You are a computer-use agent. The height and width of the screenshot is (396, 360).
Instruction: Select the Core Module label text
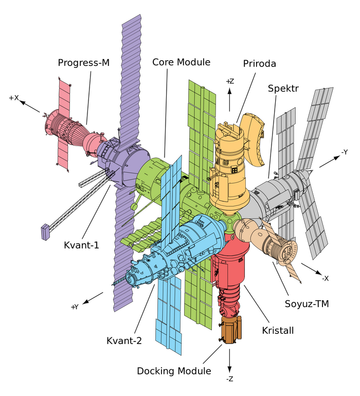[x=181, y=62]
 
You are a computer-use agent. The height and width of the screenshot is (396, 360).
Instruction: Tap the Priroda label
[x=260, y=64]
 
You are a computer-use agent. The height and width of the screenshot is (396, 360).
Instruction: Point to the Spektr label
[x=283, y=88]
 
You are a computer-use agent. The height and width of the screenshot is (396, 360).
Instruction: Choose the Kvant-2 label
[x=123, y=340]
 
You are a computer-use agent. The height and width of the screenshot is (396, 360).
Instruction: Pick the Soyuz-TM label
[x=307, y=304]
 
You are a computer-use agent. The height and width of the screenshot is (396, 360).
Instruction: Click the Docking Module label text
[x=174, y=371]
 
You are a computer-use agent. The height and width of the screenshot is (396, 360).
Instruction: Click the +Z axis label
[x=230, y=81]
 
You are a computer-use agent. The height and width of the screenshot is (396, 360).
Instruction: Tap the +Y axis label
[x=75, y=307]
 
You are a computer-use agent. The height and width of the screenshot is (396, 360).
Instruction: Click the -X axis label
[x=325, y=278]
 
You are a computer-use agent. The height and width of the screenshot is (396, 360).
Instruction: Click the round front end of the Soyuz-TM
[x=290, y=253]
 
